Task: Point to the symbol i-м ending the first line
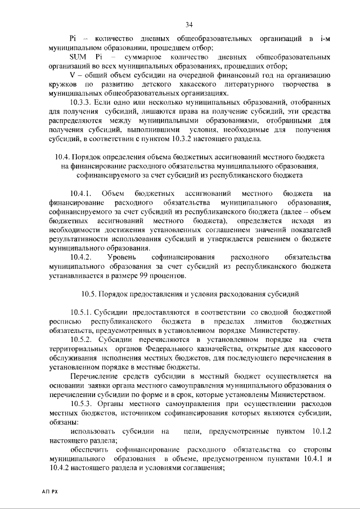(x=323, y=39)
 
